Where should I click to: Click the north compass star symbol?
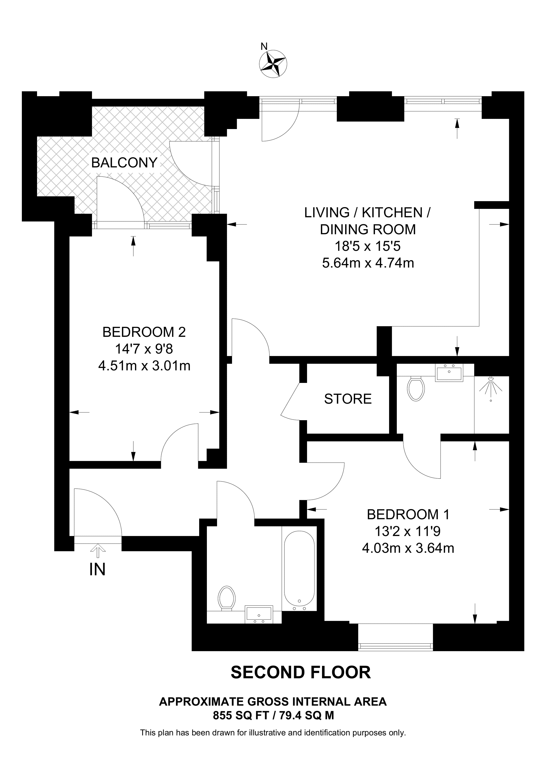click(x=273, y=64)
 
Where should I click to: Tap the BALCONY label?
click(x=124, y=163)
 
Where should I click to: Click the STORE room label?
click(x=348, y=399)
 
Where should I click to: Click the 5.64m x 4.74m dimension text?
click(x=368, y=263)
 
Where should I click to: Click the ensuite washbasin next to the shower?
click(x=449, y=373)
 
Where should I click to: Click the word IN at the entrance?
click(x=97, y=569)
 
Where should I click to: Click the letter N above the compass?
click(x=264, y=46)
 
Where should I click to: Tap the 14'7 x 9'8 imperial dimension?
click(x=144, y=349)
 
